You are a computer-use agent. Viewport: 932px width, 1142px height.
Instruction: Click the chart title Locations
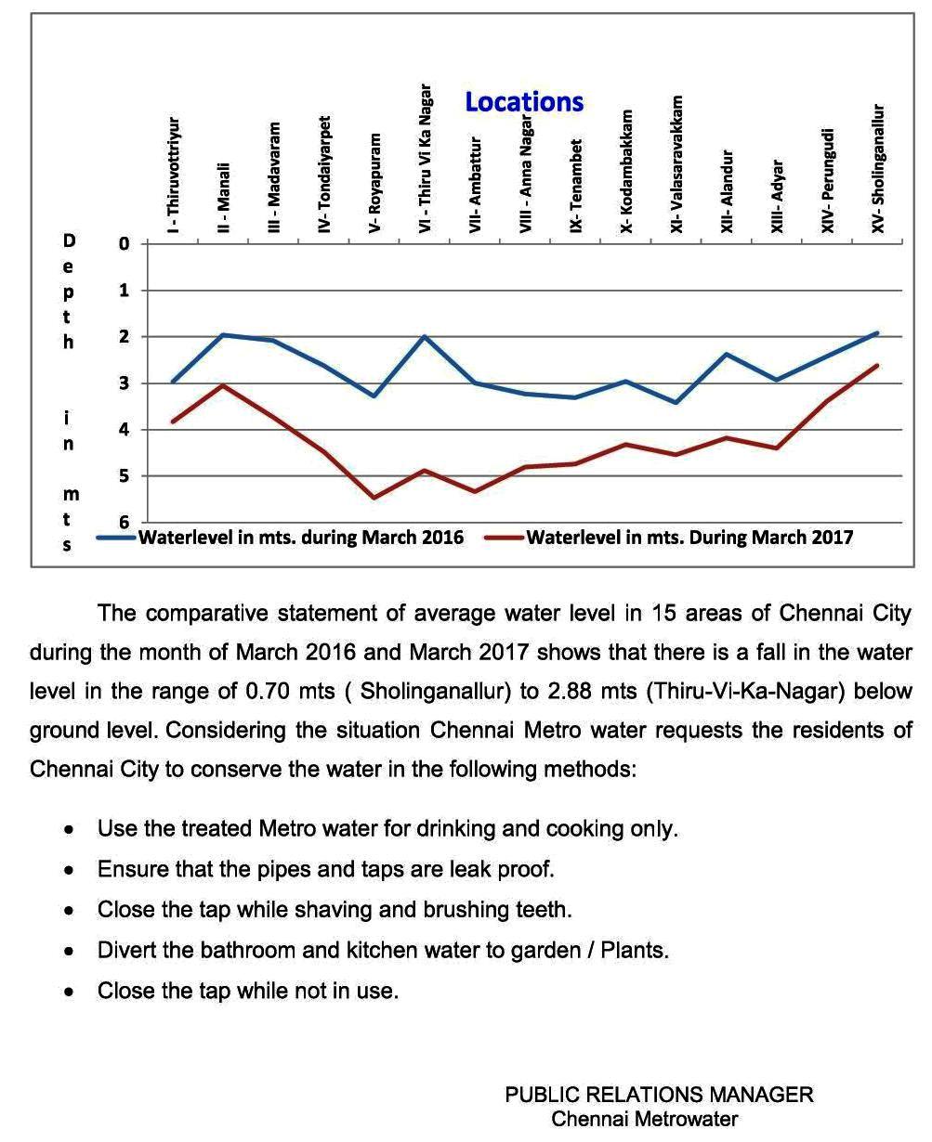[x=524, y=102]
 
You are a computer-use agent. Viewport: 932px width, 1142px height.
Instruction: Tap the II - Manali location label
[x=223, y=198]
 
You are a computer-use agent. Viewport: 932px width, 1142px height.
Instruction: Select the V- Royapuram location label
[x=375, y=183]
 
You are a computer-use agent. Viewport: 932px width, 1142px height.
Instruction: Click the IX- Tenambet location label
[x=576, y=187]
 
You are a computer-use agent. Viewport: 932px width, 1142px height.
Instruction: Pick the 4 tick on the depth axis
[x=124, y=430]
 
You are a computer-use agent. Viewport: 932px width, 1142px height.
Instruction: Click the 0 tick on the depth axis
[x=124, y=244]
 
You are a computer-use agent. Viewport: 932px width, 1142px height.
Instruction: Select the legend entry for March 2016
[x=300, y=538]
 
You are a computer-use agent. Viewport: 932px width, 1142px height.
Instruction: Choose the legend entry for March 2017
[x=689, y=538]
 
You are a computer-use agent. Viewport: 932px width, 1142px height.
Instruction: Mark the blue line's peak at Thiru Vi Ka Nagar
[x=425, y=336]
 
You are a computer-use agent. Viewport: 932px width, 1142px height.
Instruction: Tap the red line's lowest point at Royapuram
[x=374, y=498]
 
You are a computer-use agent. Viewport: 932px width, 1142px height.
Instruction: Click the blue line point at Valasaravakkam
[x=676, y=402]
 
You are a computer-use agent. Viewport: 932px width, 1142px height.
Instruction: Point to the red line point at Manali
[x=223, y=385]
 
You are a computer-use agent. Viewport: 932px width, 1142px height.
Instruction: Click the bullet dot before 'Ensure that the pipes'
[x=70, y=871]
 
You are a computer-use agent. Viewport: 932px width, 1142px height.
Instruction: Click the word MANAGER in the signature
[x=761, y=1095]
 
